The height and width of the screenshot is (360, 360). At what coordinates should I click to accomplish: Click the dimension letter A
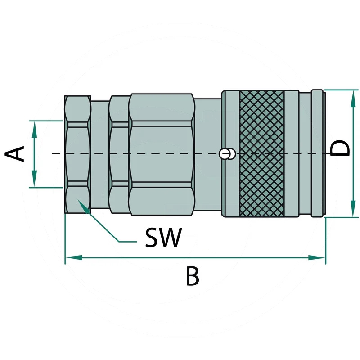coord(14,153)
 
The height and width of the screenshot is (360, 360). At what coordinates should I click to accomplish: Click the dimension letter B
coord(193,276)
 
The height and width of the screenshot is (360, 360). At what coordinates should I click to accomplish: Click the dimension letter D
coord(340,148)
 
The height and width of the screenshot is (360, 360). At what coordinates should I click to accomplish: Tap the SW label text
coord(163,238)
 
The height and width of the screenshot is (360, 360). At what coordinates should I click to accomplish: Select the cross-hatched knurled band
coord(262,153)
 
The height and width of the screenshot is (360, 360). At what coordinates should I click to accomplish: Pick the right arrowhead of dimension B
coord(317,257)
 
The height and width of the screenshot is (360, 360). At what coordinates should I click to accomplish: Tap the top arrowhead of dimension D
coord(353,98)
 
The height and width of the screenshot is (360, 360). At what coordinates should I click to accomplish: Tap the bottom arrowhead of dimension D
coord(353,208)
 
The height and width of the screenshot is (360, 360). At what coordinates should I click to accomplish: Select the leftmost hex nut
coord(77,154)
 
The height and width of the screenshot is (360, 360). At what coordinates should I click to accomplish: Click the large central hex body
coord(162,154)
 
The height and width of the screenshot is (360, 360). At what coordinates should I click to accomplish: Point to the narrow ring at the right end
coord(317,153)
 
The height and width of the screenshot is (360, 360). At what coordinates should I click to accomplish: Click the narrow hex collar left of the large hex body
coord(119,154)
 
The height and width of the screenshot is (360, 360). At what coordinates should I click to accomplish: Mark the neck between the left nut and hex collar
coord(100,154)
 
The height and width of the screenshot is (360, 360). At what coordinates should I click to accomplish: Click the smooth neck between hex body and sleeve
coord(208,154)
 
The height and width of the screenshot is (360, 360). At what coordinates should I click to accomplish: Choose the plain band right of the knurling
coord(292,153)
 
